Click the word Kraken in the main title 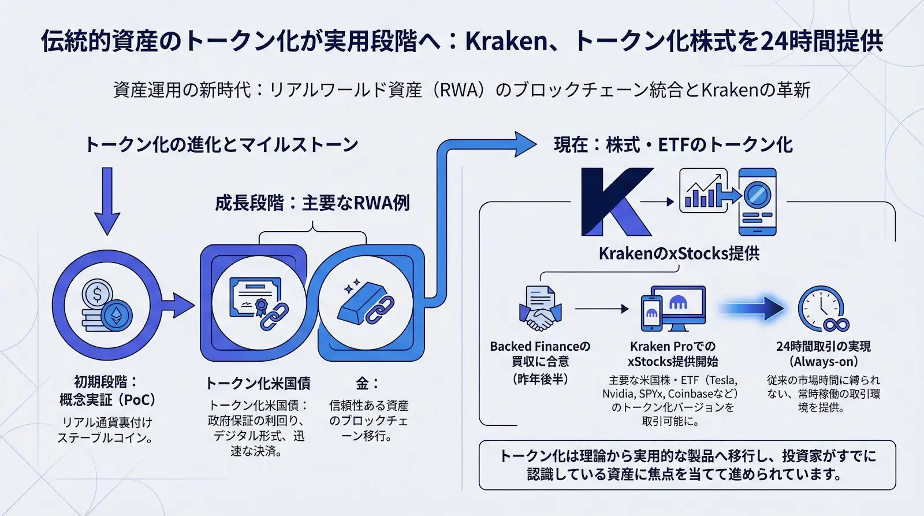506,41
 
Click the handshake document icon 540,309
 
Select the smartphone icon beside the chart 758,202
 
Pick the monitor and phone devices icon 673,309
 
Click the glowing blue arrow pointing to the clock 754,309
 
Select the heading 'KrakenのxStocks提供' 679,254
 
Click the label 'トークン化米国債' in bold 258,383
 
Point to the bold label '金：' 367,383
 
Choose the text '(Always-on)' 823,362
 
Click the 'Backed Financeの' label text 540,347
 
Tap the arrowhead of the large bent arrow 524,144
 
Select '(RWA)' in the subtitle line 459,90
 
